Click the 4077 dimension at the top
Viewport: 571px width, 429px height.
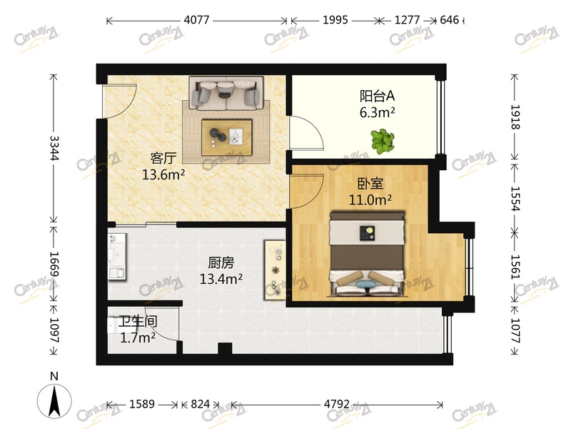pos(196,20)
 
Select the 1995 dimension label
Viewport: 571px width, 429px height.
pos(335,20)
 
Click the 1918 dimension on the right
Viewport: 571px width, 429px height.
pos(516,117)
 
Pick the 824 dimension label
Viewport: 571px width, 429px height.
pos(201,404)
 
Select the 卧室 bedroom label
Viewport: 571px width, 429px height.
pos(361,184)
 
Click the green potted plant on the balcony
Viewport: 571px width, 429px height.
pos(383,140)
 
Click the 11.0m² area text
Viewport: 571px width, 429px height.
pos(370,200)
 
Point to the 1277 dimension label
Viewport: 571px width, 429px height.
pos(408,20)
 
